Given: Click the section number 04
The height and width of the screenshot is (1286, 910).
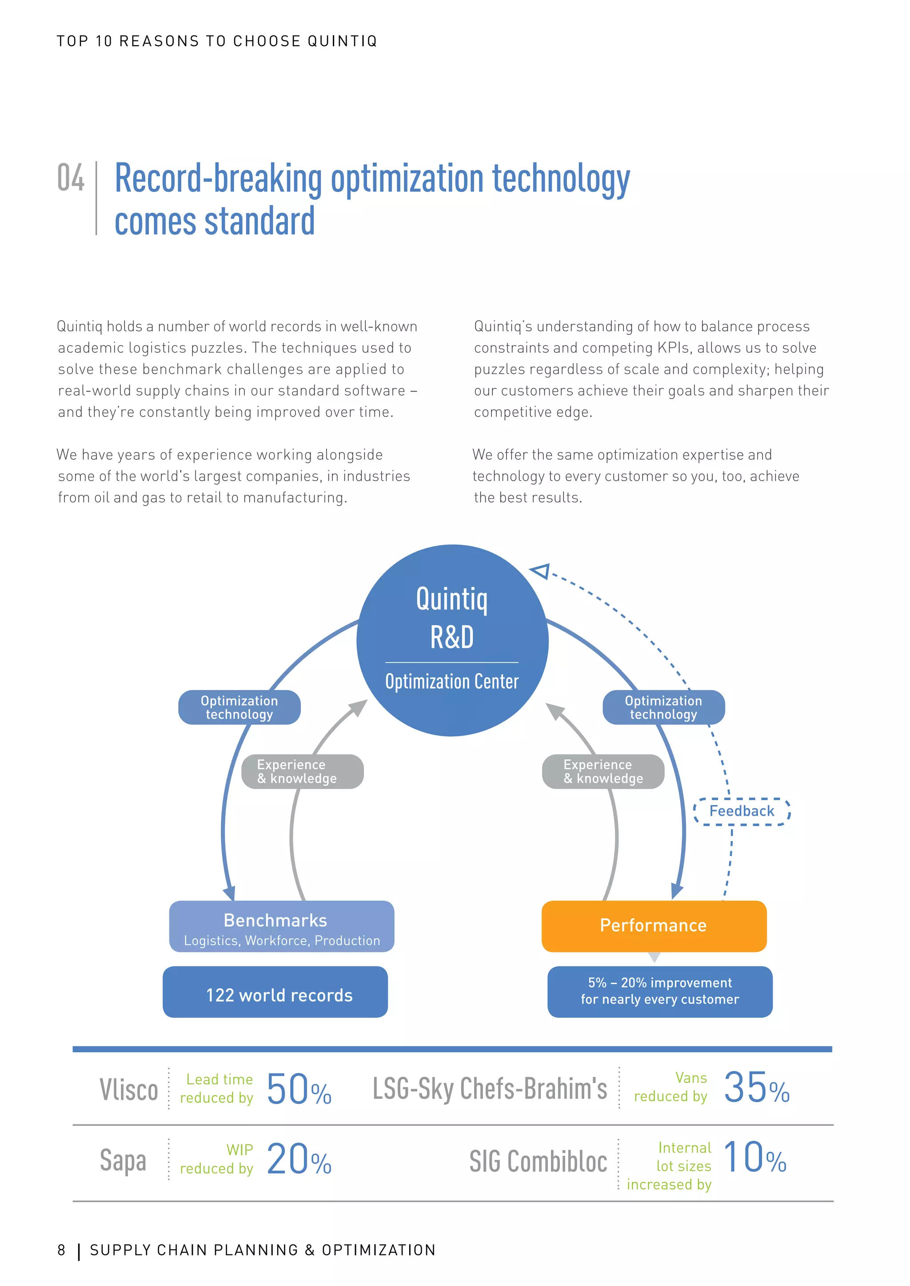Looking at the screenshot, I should (71, 178).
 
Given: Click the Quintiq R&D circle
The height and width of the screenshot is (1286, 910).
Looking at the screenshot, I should (452, 640).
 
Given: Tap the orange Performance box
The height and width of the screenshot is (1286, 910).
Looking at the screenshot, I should (653, 926).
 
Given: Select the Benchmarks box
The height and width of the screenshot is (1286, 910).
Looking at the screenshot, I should (281, 926).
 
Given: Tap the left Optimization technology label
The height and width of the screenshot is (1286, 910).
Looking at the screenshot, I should (239, 707).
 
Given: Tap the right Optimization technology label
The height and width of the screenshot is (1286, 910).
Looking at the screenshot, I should (663, 707).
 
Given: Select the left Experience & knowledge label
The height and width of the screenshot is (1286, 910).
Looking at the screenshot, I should (302, 771).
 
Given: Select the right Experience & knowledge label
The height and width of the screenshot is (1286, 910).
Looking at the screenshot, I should (603, 771).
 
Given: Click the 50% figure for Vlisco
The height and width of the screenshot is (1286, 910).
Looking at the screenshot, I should (299, 1089).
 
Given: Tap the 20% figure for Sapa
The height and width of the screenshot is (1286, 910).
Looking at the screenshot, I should (299, 1159).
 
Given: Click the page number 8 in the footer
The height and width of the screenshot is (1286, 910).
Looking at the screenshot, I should (62, 1250).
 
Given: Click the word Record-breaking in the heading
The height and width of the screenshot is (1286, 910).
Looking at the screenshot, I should (218, 179).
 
